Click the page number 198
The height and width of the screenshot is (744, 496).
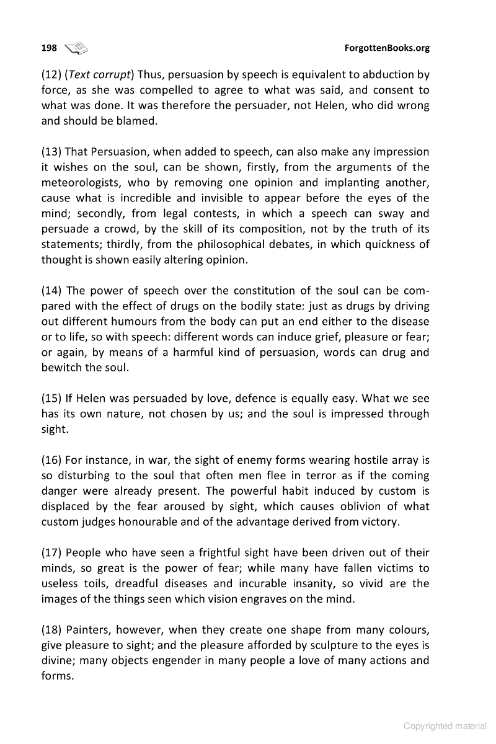(x=49, y=48)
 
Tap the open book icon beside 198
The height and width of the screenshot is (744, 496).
(x=76, y=48)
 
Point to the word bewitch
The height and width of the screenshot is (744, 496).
(x=61, y=368)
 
